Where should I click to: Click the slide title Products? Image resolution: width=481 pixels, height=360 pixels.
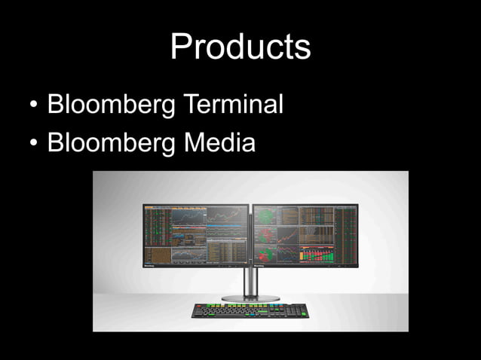click(x=240, y=47)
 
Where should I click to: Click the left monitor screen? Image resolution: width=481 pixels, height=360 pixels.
click(x=196, y=233)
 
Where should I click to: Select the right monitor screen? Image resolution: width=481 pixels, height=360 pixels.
click(x=305, y=233)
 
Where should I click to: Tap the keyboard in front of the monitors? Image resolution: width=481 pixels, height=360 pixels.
click(x=250, y=310)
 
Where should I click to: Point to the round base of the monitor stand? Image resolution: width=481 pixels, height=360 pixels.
click(x=250, y=298)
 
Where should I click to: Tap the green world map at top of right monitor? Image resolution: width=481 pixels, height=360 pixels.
click(x=266, y=215)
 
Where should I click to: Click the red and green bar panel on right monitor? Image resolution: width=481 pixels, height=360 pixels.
click(x=317, y=255)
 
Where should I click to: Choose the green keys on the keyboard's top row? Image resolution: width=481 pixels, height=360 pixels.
click(x=226, y=306)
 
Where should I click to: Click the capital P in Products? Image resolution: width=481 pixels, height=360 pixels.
click(x=180, y=47)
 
